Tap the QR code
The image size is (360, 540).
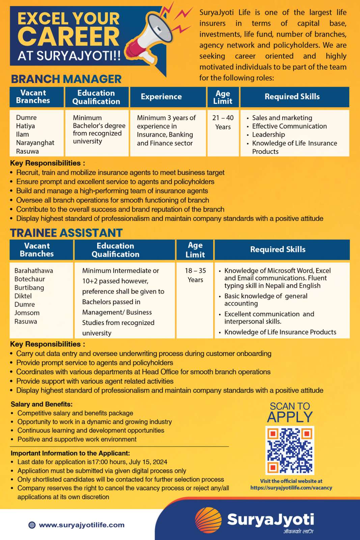coord(290,450)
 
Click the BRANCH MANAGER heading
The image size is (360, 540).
coord(66,79)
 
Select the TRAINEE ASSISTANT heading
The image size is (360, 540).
coord(66,233)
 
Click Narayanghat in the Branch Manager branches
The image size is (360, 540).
coord(35,143)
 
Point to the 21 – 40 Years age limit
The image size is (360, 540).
coord(223,122)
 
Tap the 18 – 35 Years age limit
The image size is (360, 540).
coord(195,275)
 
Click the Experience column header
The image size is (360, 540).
coord(161,97)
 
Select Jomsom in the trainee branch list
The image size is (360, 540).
coord(27,313)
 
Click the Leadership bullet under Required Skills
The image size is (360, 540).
coord(269,135)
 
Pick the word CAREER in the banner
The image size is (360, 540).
coord(68,37)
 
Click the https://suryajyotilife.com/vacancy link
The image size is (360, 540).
coord(291,488)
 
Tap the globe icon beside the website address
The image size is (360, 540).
coord(32,525)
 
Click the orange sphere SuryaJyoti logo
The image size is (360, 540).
coord(208,520)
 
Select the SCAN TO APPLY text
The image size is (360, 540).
coord(290,412)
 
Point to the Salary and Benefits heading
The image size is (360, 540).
coord(41,404)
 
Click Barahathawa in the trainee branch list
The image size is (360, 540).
coord(34,271)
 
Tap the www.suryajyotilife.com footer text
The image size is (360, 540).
coord(82,525)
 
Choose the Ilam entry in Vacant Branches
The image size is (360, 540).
coord(22,134)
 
